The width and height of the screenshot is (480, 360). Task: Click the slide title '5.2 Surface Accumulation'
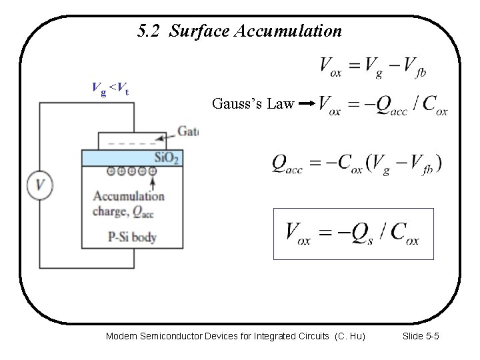[x=239, y=31]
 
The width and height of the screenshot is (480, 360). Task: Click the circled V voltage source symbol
[x=41, y=185]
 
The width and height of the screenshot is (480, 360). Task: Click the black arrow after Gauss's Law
[x=307, y=104]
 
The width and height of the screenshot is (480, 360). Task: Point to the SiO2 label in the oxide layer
[x=167, y=158]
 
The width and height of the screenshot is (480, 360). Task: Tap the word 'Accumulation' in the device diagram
[x=129, y=196]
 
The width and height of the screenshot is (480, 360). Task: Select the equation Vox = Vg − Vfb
[x=373, y=67]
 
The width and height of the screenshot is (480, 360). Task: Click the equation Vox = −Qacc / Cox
[x=383, y=105]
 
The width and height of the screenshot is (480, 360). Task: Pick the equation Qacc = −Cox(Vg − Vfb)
[x=357, y=164]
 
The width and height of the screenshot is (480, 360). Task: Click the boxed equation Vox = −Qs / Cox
[x=353, y=233]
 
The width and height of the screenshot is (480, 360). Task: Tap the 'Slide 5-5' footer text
[x=421, y=337]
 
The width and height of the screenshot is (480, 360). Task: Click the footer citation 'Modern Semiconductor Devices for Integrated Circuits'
[x=218, y=337]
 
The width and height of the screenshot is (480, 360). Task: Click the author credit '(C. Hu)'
[x=349, y=337]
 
